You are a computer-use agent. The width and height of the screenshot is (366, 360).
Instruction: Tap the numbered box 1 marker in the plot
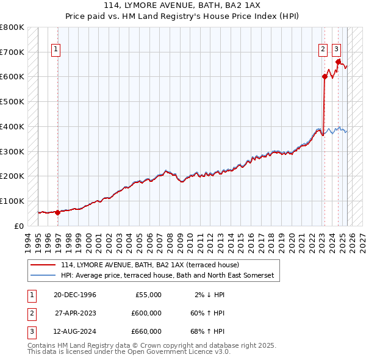[x=56, y=50]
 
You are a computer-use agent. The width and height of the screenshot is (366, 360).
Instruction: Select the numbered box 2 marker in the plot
[x=323, y=50]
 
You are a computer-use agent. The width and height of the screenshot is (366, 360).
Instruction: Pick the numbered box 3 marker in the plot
[x=336, y=50]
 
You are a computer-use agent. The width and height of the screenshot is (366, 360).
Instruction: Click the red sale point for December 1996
[x=58, y=212]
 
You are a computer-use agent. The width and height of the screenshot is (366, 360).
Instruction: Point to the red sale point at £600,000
[x=325, y=76]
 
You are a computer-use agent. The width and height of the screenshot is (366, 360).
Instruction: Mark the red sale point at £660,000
[x=337, y=61]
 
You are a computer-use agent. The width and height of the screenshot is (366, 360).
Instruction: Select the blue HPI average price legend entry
[x=167, y=276]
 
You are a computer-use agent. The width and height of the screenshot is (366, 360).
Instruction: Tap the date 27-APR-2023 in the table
[x=74, y=313]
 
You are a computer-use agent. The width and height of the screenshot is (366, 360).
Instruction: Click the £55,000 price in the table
[x=146, y=295]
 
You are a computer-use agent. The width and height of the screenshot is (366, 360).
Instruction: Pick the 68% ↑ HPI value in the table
[x=210, y=331]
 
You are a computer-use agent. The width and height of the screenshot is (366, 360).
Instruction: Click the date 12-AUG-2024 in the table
[x=74, y=331]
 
